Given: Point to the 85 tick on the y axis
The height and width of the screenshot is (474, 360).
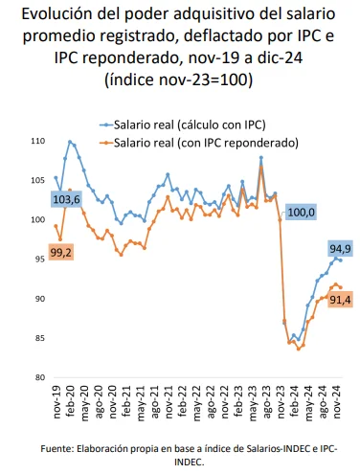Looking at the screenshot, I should click(38, 338).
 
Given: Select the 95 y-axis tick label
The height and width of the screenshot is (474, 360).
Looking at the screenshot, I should click(38, 260).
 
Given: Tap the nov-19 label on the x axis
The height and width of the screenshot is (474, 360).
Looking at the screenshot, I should click(56, 400).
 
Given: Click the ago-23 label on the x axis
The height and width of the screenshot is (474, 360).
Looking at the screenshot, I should click(261, 400).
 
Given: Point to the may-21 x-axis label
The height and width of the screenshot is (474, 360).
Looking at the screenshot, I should click(138, 400).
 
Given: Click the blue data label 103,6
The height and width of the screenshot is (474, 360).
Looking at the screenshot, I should click(66, 199).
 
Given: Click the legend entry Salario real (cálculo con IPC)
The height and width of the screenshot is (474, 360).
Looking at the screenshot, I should click(188, 124).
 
